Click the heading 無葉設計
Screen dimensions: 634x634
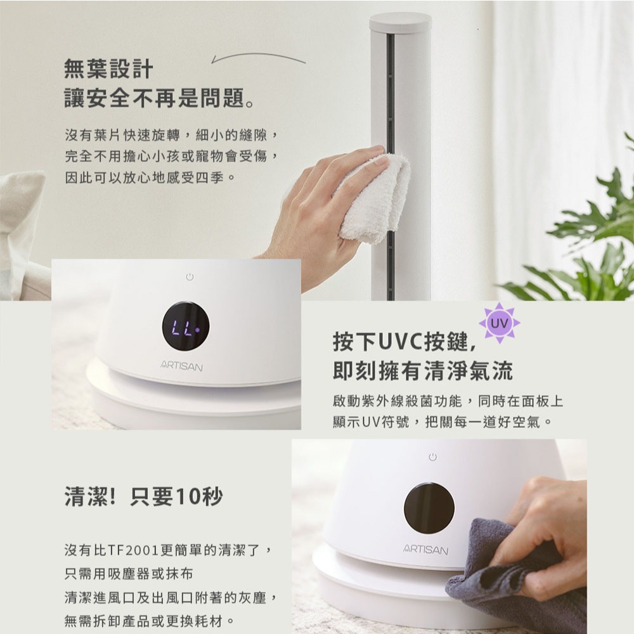coord(108,68)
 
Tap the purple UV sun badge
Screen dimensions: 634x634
coord(500,323)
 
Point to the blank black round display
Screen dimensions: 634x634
coord(429,508)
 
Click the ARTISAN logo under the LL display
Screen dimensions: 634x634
coord(181,366)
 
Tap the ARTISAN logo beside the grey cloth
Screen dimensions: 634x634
coord(426,549)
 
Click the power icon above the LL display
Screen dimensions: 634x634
coord(190,277)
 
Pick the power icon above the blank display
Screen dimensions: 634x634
coord(432,457)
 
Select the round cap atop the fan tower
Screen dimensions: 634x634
coord(400,22)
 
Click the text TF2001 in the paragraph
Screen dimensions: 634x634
coord(133,550)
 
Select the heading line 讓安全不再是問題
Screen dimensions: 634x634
coord(160,98)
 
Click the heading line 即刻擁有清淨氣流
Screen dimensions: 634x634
coord(422,370)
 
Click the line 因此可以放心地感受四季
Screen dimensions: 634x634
coord(150,177)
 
